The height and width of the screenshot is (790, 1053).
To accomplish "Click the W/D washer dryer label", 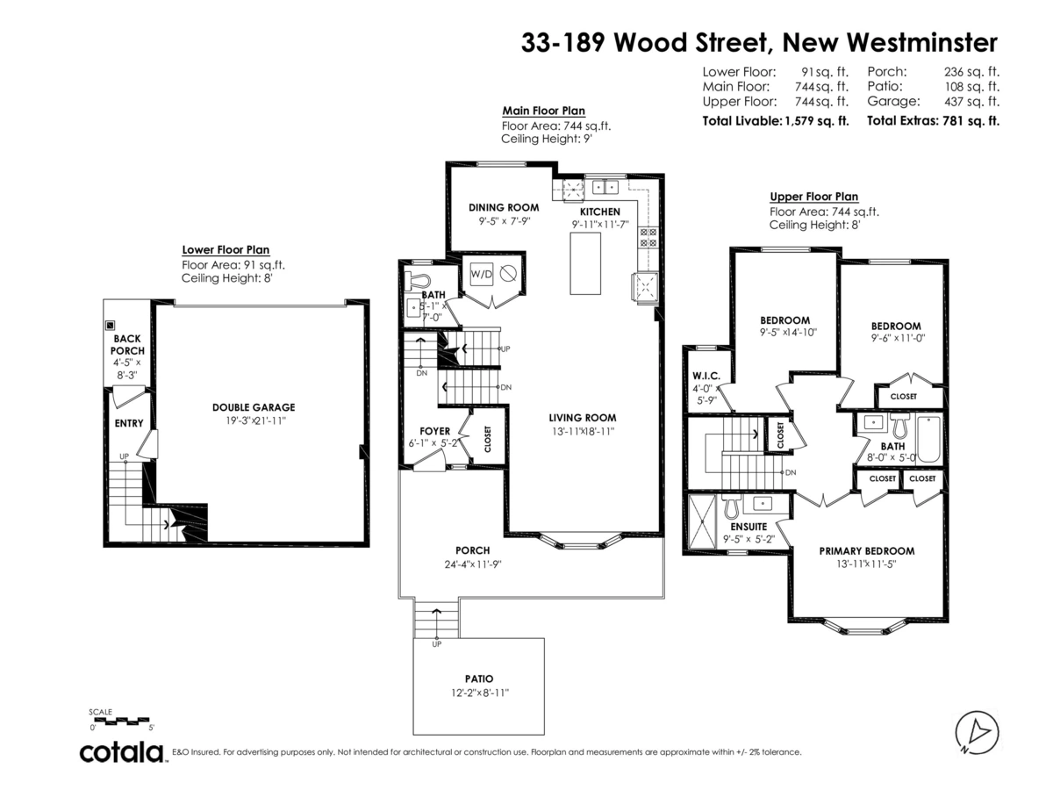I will coord(481,273).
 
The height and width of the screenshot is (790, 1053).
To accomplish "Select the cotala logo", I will coord(122,752).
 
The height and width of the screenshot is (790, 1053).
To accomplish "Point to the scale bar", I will coord(123,721).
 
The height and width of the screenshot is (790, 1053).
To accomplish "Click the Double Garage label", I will coord(254,407).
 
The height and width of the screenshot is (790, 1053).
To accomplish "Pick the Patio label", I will coord(479,679).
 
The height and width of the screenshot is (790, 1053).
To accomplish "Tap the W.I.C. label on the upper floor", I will coord(706,377).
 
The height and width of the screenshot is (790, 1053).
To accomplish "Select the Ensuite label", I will coord(749,527).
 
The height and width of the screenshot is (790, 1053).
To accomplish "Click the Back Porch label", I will coord(128,344).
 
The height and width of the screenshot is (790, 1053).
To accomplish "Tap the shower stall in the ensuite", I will coord(702,523).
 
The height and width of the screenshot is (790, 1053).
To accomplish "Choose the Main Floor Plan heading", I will coord(543,111).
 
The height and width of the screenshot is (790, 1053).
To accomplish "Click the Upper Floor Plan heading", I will coord(813,197).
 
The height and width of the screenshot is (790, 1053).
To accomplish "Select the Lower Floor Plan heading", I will coord(226,249).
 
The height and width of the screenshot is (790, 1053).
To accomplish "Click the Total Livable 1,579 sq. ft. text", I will coord(776,121).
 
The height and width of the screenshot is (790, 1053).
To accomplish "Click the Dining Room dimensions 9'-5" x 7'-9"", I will coord(505,221).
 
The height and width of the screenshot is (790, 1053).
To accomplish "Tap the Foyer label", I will coord(434,431).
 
